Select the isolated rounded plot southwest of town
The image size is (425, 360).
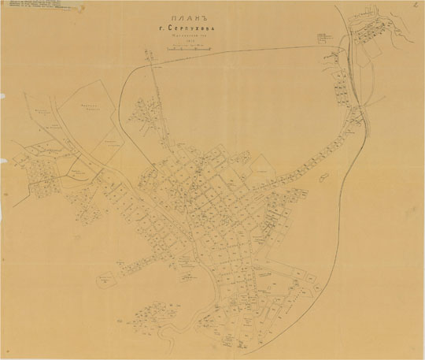(105, 278)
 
